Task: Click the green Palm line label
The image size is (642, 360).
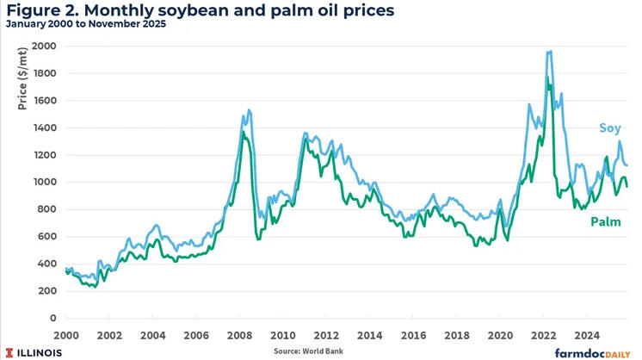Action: [x=606, y=222]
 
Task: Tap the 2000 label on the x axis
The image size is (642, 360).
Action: [x=66, y=334]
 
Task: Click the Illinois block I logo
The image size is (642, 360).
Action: [x=11, y=351]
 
